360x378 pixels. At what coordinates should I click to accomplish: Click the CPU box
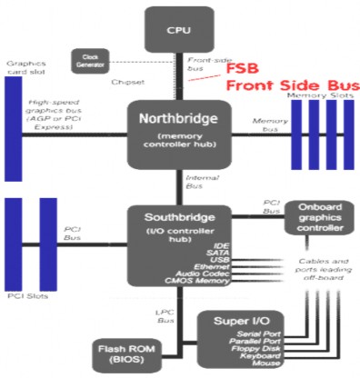[178, 28]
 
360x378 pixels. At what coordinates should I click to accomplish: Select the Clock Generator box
[88, 60]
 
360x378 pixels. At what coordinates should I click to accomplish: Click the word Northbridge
[178, 119]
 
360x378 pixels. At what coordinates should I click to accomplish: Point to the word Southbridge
[178, 219]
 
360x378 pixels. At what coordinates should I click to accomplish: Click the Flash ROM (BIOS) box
[122, 352]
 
